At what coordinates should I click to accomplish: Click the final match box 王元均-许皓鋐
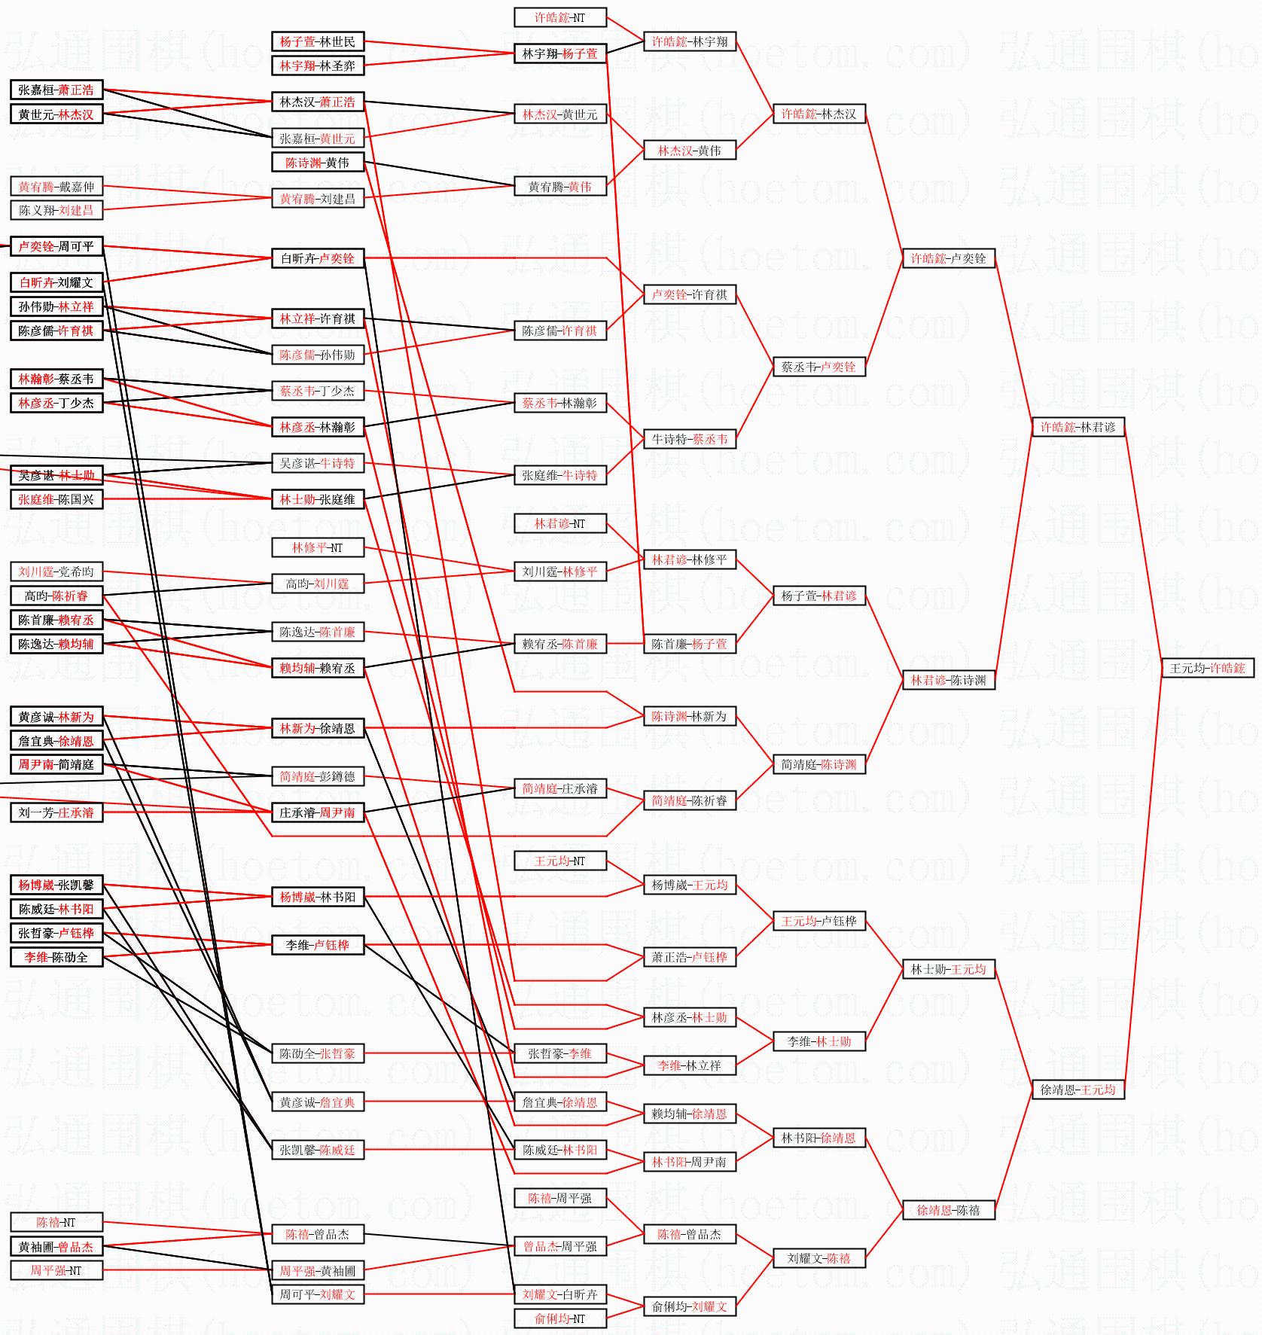click(x=1207, y=668)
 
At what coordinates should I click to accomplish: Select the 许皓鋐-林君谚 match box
click(x=1078, y=427)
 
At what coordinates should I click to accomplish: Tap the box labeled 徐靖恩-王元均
click(x=1078, y=1090)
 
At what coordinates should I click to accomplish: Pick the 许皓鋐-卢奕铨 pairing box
click(x=948, y=258)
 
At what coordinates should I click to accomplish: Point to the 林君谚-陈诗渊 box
click(x=948, y=680)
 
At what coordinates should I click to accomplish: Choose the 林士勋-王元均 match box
click(x=948, y=969)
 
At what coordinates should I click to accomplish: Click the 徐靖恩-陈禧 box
click(x=948, y=1210)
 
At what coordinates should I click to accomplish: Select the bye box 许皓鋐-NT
click(x=559, y=17)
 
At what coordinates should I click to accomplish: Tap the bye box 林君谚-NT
click(x=559, y=523)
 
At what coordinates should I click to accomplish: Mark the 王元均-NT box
click(x=559, y=861)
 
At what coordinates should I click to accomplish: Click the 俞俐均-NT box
click(x=559, y=1318)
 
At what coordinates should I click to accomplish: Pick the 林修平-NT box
click(x=317, y=547)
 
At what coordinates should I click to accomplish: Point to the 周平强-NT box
click(x=56, y=1270)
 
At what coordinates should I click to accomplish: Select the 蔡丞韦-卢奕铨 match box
click(x=818, y=367)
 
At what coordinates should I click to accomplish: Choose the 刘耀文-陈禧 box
click(x=818, y=1258)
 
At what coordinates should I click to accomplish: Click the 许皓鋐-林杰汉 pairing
click(x=818, y=114)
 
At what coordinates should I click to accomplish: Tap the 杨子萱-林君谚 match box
click(x=818, y=596)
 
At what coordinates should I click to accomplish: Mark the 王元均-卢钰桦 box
click(x=818, y=921)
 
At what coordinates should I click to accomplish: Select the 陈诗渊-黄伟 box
click(x=317, y=162)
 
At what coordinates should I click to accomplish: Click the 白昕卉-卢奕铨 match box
click(x=317, y=258)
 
